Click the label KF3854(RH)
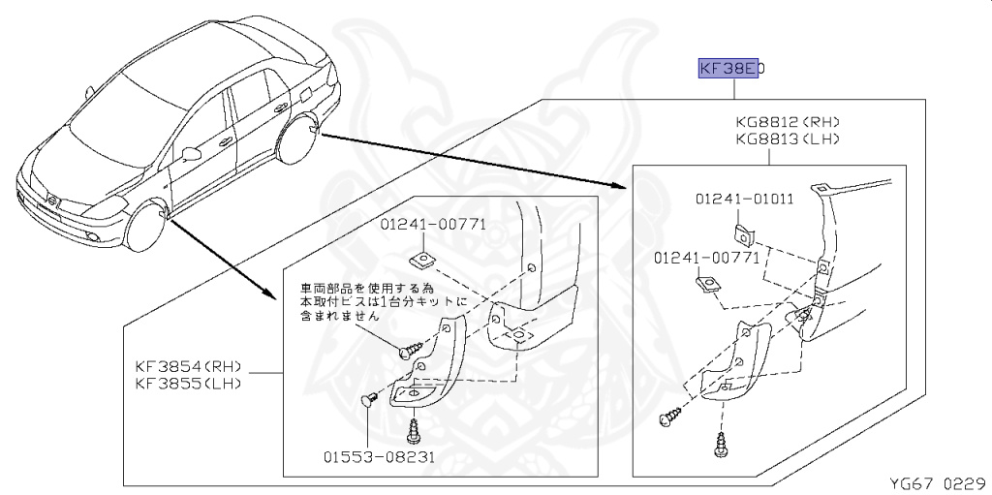tap(188, 367)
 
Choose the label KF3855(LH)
tap(188, 384)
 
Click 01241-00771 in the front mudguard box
tap(433, 225)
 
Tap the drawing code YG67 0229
tap(937, 482)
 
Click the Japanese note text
tap(384, 301)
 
